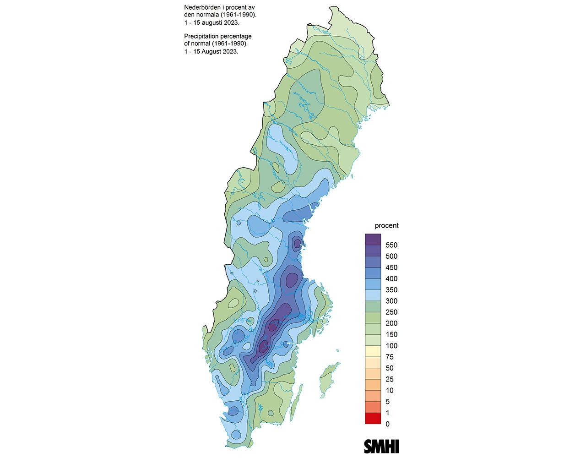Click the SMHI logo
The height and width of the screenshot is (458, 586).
pos(381,446)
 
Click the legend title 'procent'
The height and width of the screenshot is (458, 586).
pos(386,225)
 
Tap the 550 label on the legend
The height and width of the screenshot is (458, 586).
pos(391,245)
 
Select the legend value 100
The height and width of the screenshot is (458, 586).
pos(391,346)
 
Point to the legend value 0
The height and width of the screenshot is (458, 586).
pos(388,424)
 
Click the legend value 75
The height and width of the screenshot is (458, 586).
pos(390,357)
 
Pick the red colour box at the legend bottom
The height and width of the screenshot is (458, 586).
pos(373,419)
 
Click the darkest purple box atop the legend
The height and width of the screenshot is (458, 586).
pos(373,240)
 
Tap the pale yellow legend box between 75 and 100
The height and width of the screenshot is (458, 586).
pos(373,351)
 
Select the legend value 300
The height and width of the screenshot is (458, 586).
pos(391,301)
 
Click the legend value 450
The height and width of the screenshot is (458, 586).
pos(391,267)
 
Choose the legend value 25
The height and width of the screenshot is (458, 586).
pos(390,379)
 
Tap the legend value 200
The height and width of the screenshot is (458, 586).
pos(391,323)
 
